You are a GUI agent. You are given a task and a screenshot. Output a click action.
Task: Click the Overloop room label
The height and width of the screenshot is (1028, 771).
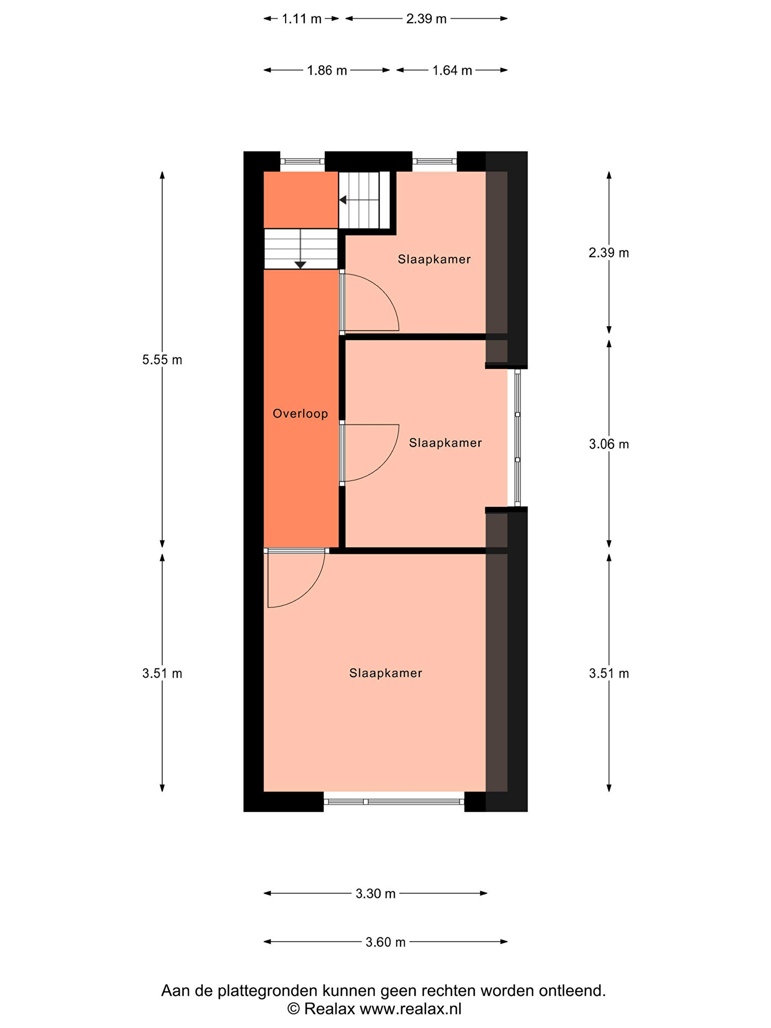point(300,414)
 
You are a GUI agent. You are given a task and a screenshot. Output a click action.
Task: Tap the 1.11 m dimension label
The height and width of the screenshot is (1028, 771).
point(302,19)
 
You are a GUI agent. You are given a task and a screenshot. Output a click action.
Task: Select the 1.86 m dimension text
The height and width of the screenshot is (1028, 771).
point(327,70)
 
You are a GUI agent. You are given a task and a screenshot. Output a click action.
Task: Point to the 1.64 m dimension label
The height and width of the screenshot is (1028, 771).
point(452,70)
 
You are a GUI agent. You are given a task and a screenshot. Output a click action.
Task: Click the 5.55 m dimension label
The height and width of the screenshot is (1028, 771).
point(162,360)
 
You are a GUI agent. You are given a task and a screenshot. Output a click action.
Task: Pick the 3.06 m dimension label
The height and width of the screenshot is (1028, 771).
point(609,444)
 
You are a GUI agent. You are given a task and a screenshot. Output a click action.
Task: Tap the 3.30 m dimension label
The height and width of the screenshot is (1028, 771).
point(375,894)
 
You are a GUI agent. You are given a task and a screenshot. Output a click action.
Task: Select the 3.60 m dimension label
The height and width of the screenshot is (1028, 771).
point(385,943)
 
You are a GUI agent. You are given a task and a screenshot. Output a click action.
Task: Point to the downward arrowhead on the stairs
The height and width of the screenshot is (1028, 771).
point(300,265)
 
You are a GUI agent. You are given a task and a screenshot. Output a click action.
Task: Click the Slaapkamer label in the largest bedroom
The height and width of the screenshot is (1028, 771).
point(385,673)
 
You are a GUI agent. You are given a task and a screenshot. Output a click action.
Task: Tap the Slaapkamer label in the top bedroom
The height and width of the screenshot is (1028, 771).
point(434,260)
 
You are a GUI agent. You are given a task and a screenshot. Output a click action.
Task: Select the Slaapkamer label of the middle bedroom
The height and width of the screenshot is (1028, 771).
point(445,443)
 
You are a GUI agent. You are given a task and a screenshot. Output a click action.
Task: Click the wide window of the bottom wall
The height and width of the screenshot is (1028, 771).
point(394,802)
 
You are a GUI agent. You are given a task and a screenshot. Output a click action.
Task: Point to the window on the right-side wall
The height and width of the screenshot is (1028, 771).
point(518,438)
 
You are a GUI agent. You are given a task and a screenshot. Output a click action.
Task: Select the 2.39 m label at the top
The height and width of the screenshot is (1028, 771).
point(426,19)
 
